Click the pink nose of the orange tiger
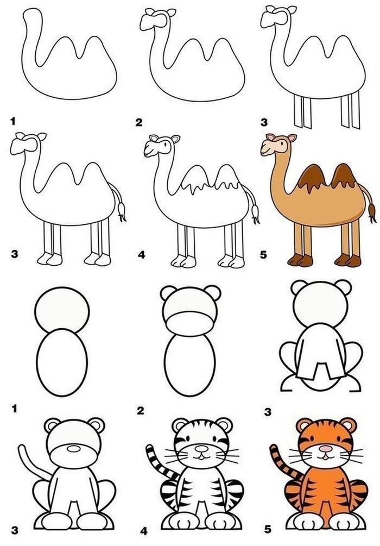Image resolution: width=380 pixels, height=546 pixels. point(326,449)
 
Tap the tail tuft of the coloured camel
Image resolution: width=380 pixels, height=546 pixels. point(372,213)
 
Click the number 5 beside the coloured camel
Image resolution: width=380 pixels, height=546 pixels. point(263,255)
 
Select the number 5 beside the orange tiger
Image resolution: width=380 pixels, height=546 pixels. point(267,529)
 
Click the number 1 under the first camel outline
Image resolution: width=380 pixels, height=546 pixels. point(13,121)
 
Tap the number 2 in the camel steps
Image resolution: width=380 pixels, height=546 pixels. point(139,122)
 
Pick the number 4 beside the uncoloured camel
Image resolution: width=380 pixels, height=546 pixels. point(141,255)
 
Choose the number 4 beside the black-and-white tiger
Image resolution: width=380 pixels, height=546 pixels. point(144,531)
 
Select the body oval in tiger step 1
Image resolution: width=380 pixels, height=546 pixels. point(62,362)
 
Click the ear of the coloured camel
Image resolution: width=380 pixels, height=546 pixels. point(292,138)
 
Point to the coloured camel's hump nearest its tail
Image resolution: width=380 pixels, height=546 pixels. point(344,177)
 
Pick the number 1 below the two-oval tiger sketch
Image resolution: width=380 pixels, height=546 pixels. point(14,409)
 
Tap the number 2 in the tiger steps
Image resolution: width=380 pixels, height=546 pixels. point(140,411)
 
